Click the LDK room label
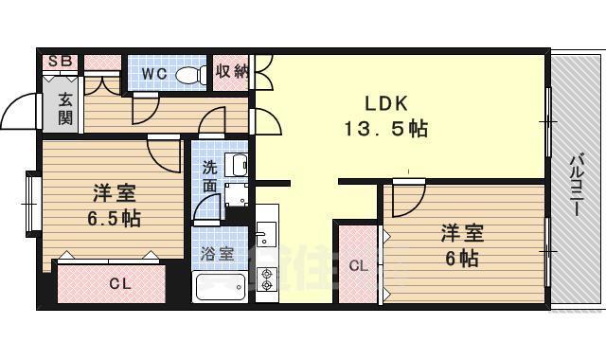coord(384,102)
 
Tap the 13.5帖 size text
coord(384,129)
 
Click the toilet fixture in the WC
coord(191,74)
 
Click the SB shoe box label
coord(60,62)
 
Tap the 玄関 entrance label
coord(64,108)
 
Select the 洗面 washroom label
coord(208,176)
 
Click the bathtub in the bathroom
coord(220,285)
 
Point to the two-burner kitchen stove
coord(266,279)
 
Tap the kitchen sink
coord(266,233)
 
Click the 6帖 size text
coord(462,259)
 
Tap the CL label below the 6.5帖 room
coord(119,283)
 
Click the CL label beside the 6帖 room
coord(359,266)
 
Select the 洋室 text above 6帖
coord(462,233)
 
